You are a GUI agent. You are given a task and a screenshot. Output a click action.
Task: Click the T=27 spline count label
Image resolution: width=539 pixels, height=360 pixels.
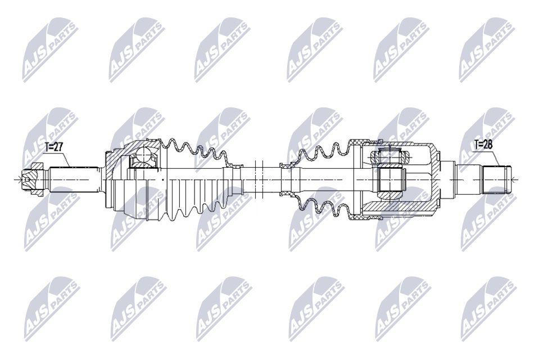(55, 148)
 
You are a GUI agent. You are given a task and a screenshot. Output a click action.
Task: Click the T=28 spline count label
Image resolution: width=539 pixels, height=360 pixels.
(483, 145)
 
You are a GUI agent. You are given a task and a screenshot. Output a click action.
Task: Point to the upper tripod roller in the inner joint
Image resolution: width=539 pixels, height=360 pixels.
(389, 155)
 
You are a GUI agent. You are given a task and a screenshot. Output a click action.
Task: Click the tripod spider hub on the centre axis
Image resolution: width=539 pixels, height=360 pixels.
(390, 179)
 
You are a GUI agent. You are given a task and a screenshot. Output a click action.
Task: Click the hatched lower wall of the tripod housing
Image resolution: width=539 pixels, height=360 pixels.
(399, 212)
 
